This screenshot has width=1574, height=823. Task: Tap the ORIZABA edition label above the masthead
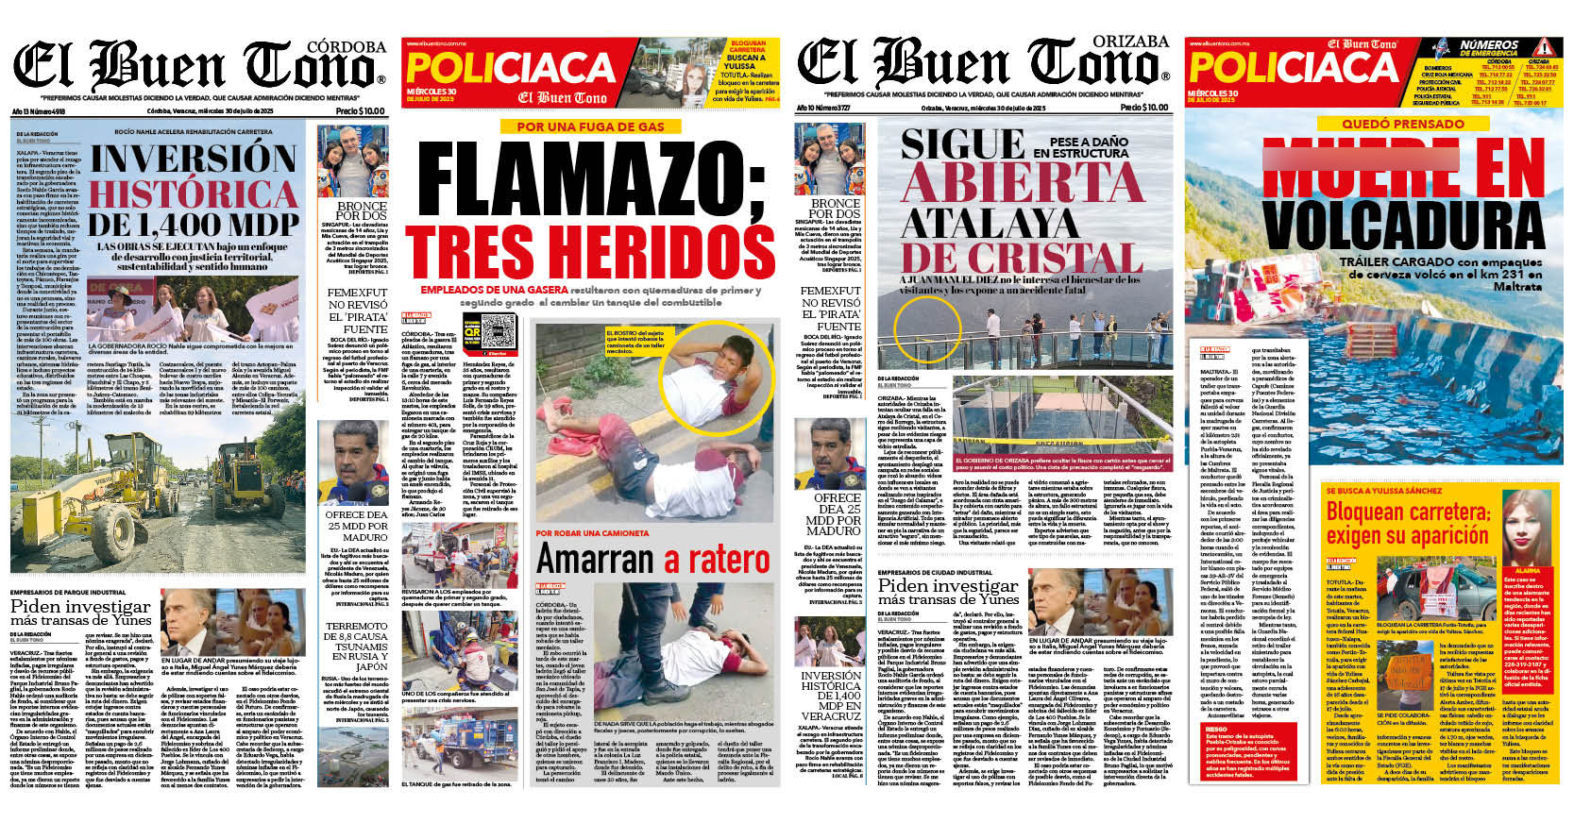click(1130, 42)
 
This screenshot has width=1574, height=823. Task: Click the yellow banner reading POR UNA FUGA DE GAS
click(590, 126)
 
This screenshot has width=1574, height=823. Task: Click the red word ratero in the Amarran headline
click(718, 561)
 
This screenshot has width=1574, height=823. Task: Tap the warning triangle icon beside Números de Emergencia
click(1543, 47)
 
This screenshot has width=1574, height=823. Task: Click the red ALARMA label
click(1528, 571)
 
